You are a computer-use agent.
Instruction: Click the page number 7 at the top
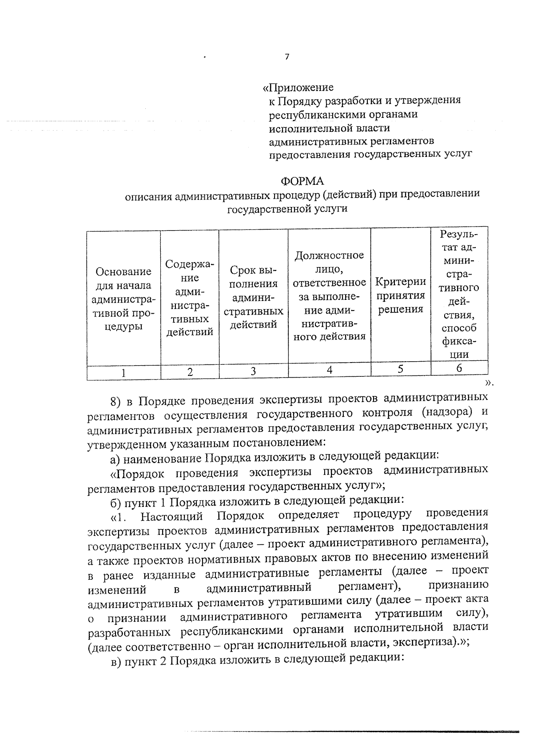[287, 57]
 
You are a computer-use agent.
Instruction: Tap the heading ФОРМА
[302, 181]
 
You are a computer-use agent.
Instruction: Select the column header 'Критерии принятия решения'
[401, 295]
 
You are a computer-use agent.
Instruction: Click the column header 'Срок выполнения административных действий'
[253, 297]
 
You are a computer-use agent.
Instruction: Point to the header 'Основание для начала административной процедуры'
[123, 299]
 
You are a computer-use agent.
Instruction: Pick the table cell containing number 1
[123, 372]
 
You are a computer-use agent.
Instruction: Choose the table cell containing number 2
[190, 372]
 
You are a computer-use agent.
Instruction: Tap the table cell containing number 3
[253, 371]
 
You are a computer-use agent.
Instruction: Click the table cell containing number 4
[330, 370]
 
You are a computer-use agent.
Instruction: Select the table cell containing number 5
[401, 369]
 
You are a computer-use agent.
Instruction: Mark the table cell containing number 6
[459, 367]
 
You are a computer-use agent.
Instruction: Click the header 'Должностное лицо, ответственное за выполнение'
[330, 295]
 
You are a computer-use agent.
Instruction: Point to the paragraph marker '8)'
[115, 402]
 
